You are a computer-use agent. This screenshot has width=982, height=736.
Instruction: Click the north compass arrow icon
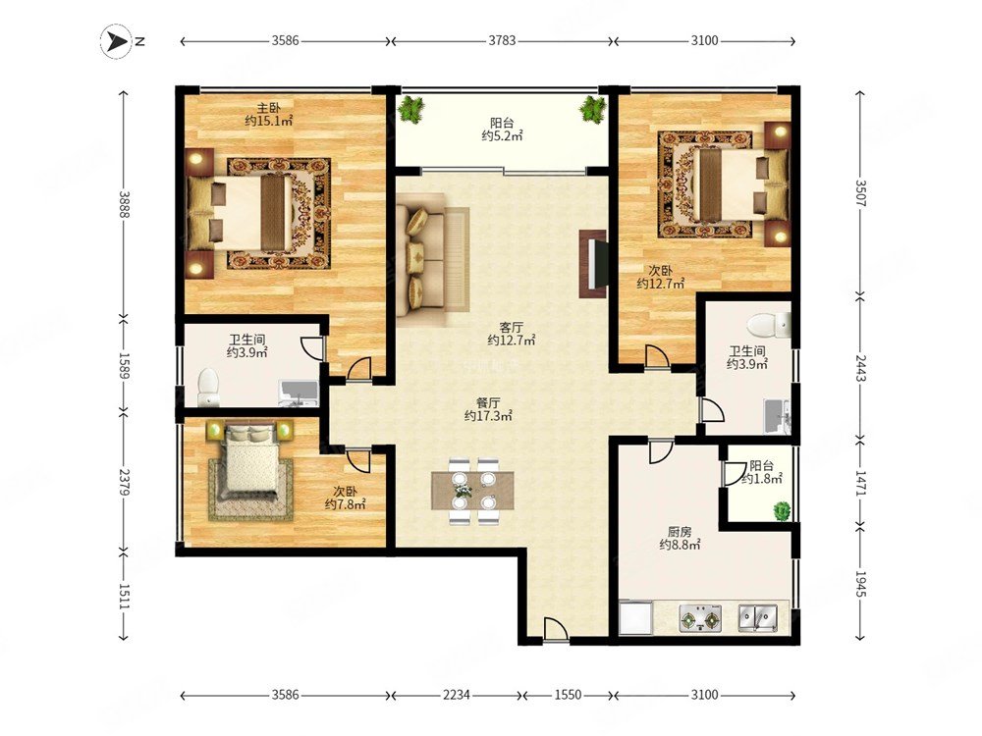click(x=115, y=42)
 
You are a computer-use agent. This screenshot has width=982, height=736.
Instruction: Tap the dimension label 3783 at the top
click(x=502, y=40)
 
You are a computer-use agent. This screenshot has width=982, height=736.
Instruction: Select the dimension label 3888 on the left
click(x=124, y=204)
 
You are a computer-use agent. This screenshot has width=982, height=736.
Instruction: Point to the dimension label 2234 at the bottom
click(x=458, y=695)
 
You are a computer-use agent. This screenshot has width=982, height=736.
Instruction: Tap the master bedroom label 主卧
click(x=269, y=109)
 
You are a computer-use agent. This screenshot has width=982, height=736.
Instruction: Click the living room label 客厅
click(x=511, y=328)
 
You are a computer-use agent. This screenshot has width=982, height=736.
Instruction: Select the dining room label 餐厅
click(x=488, y=402)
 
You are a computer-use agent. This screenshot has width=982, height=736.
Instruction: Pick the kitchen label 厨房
click(x=680, y=532)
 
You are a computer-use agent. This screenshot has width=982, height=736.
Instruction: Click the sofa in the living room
click(x=431, y=259)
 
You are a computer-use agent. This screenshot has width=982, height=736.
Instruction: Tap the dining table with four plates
click(x=473, y=492)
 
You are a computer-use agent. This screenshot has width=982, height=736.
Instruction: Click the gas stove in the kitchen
click(x=701, y=618)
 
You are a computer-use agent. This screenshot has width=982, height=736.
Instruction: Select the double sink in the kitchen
click(x=758, y=617)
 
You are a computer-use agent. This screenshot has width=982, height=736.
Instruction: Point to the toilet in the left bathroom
click(x=207, y=387)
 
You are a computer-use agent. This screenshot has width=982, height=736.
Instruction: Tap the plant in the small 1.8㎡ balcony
click(x=782, y=510)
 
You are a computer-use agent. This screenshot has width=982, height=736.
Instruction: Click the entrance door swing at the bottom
click(x=555, y=628)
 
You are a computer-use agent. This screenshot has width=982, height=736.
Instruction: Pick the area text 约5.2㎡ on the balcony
click(x=502, y=135)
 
